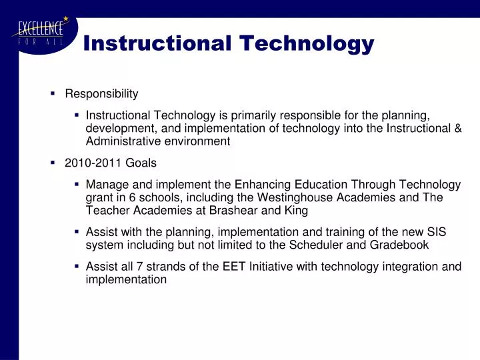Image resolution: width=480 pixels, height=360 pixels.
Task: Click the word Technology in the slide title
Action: point(307,43)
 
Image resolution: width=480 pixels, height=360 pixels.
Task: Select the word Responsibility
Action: point(101,94)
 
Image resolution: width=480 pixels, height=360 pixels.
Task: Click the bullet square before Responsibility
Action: point(53,93)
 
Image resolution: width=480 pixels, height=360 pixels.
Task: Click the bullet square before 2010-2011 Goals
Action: point(53,162)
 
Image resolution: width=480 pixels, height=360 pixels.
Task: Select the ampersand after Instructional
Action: point(457,128)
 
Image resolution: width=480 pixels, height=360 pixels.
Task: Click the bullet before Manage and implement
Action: point(77,183)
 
